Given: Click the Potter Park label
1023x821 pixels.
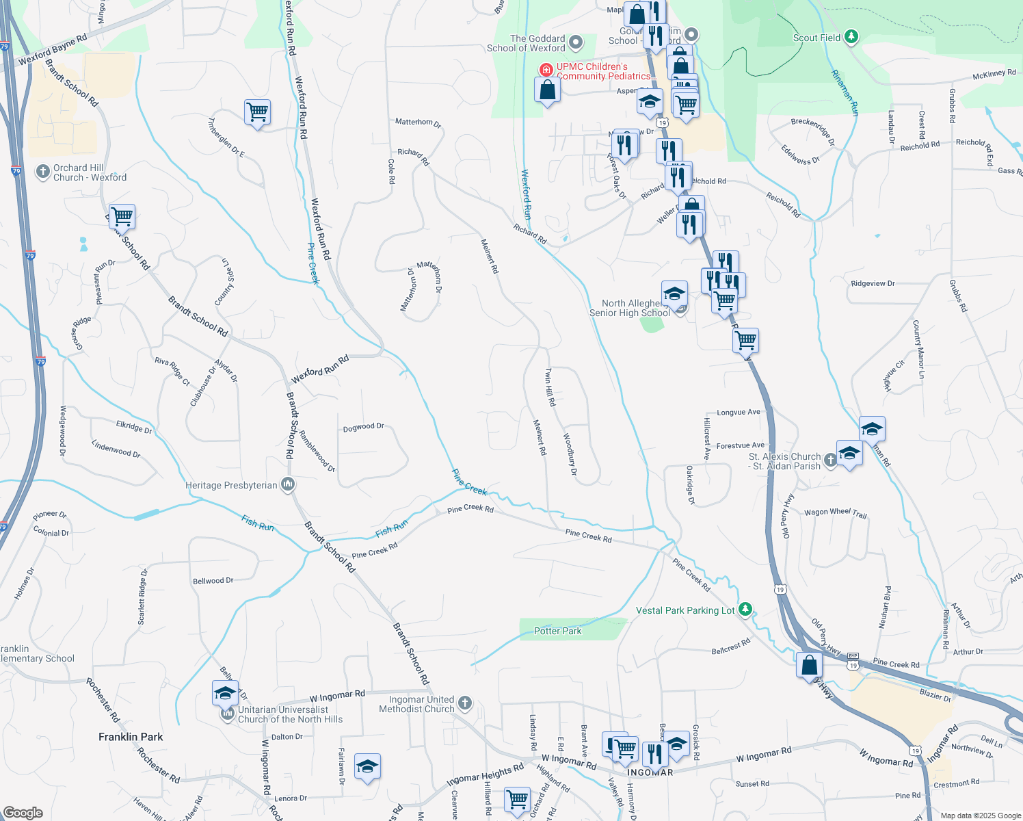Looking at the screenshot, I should tap(557, 631).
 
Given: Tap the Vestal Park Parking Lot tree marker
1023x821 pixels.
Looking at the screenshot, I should tap(745, 608).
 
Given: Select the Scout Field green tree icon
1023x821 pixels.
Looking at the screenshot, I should tap(851, 36).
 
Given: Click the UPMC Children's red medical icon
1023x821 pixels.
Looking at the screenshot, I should tap(546, 70).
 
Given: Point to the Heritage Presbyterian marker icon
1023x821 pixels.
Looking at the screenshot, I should tap(288, 484).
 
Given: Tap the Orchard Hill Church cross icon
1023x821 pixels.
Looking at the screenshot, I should tap(43, 171).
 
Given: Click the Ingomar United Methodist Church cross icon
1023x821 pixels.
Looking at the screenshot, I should tap(464, 703).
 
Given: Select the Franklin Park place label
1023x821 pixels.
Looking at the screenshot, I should tap(131, 737).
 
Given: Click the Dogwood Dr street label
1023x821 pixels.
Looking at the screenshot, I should tap(363, 427).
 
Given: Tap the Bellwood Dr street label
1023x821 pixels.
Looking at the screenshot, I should tap(213, 581).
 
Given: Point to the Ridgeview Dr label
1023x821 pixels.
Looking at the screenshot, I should tap(873, 283).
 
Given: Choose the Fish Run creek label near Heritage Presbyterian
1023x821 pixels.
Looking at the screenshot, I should tap(257, 523).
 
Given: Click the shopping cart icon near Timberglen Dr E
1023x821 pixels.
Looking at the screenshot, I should tap(257, 111).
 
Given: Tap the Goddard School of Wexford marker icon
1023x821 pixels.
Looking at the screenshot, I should tap(576, 42).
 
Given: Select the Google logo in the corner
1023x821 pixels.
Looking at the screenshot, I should tap(23, 813).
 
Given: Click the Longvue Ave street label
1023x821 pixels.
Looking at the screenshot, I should tap(738, 413).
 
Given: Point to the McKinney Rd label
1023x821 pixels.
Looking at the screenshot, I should tap(994, 74).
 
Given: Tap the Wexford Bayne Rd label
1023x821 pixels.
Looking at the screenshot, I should tap(53, 50).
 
